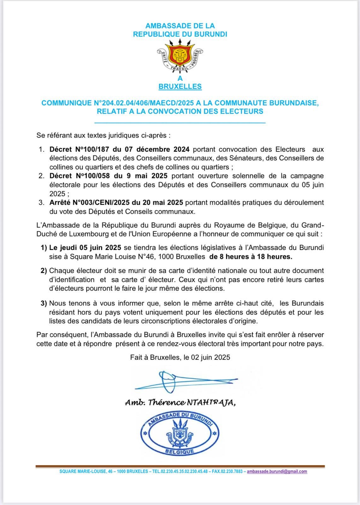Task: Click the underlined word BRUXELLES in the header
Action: tap(180, 86)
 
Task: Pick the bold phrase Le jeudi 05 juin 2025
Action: tap(85, 248)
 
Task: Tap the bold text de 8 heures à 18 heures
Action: tap(251, 257)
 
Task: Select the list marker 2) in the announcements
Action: tap(44, 270)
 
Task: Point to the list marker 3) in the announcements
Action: tap(44, 303)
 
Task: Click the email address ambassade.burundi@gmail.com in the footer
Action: tap(277, 472)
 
